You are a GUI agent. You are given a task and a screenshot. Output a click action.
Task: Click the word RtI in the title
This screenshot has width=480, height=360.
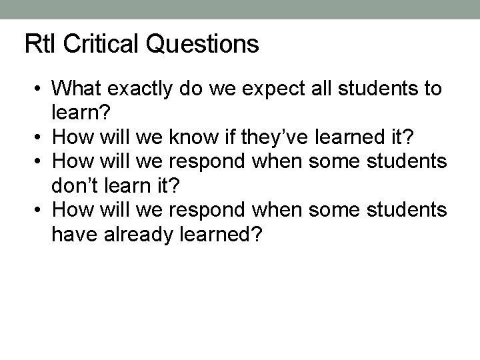click(x=38, y=45)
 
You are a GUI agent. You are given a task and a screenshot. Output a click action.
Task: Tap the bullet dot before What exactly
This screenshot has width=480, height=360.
click(x=41, y=89)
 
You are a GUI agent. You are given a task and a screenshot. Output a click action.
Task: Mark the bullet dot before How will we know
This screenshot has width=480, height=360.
click(x=41, y=138)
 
